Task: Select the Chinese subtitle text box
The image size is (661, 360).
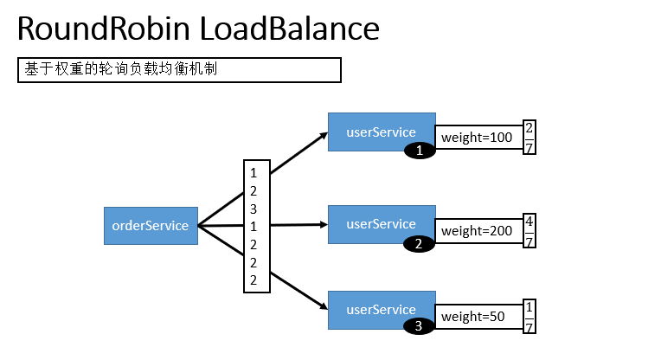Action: pos(179,69)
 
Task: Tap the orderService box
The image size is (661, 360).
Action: pos(151,226)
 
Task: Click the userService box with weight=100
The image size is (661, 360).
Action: pos(381,131)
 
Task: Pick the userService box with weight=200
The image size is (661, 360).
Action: pos(381,223)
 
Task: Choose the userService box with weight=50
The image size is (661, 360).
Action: pos(381,309)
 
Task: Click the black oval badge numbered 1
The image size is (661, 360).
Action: pos(420,151)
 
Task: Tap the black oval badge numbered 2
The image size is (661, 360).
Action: pos(420,244)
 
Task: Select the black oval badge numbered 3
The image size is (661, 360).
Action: pos(420,327)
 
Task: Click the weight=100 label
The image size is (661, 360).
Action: pos(478,138)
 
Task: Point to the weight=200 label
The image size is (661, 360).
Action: pos(478,231)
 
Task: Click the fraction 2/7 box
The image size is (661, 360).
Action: pos(529,138)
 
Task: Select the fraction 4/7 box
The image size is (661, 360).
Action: pos(529,230)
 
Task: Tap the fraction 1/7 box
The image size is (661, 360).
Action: pos(529,317)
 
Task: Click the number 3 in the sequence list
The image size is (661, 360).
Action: pos(253,209)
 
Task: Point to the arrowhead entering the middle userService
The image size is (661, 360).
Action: pos(321,225)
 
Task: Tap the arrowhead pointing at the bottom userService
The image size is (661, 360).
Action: pos(320,307)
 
